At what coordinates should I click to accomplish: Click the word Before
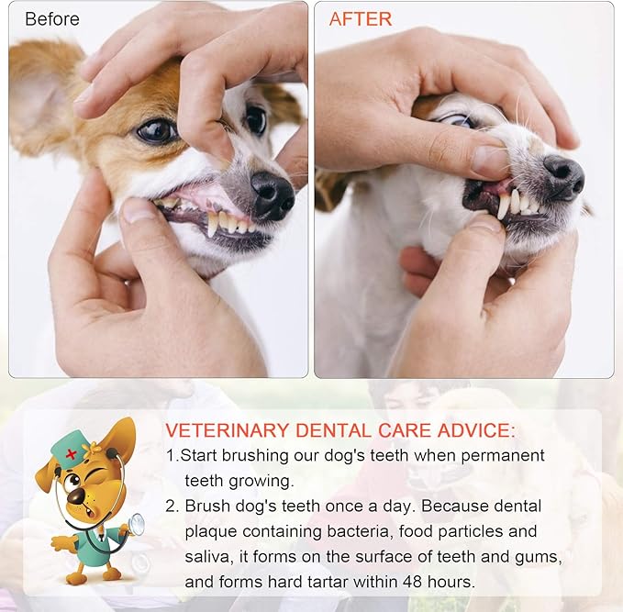tap(52, 19)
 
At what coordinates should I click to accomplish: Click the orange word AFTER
tap(361, 19)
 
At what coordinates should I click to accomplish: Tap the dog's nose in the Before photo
tap(273, 196)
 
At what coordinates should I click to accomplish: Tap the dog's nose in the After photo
tap(563, 176)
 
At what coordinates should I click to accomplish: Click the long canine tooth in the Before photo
tap(214, 225)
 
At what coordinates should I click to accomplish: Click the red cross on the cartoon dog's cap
tap(72, 453)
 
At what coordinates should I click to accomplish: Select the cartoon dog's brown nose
tap(75, 495)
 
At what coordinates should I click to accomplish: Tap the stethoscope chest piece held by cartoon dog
tap(137, 525)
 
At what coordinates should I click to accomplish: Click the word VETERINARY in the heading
tap(227, 430)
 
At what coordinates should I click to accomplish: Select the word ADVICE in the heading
tap(476, 430)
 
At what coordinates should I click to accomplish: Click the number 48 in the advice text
tap(413, 582)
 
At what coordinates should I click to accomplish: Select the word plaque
tap(211, 532)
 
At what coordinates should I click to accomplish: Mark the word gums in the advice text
tap(539, 557)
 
